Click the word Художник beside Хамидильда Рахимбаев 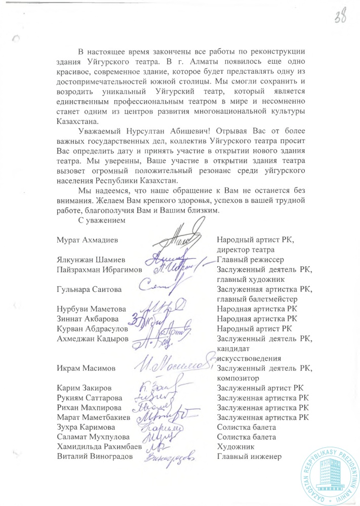pyautogui.click(x=234, y=447)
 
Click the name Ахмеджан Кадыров pyautogui.click(x=92, y=339)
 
